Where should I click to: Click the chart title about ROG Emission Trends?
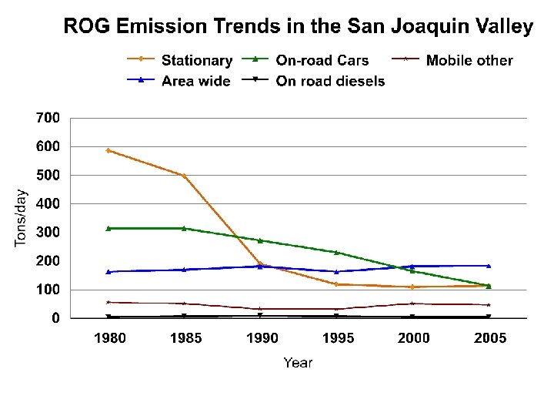click(x=298, y=27)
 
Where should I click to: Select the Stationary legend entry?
click(x=196, y=60)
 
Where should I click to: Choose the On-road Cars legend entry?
click(x=322, y=60)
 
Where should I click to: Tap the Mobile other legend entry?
click(x=469, y=60)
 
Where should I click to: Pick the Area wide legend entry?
click(x=195, y=80)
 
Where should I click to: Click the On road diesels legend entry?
click(x=330, y=80)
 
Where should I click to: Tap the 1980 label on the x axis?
click(x=108, y=338)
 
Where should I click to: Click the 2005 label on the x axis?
click(x=489, y=338)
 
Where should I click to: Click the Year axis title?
click(x=298, y=362)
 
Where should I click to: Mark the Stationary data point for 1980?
click(x=108, y=150)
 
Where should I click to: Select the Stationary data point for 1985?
click(x=184, y=176)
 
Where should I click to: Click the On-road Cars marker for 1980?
click(x=108, y=228)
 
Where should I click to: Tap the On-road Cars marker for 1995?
click(x=336, y=252)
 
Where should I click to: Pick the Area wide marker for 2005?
click(x=489, y=266)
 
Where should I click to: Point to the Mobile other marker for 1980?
click(x=108, y=302)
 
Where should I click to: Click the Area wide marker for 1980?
click(x=108, y=272)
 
